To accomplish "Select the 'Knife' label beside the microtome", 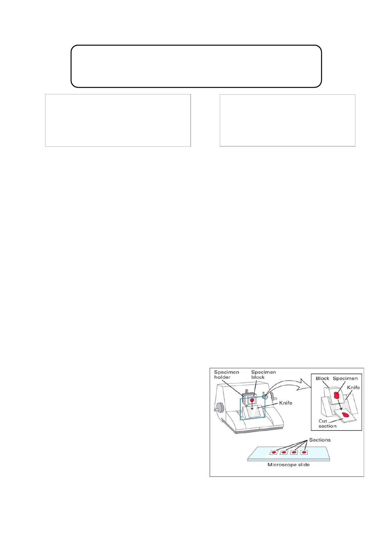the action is tap(285, 403).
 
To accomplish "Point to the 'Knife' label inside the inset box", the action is tap(353, 387).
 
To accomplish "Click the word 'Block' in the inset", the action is tap(322, 379).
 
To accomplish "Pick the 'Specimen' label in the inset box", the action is tap(345, 379).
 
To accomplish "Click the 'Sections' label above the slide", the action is tap(320, 440).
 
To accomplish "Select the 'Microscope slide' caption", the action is tap(289, 465).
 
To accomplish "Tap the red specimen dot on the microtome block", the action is tap(252, 400).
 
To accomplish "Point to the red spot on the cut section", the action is tap(345, 414).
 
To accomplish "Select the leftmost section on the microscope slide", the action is tap(274, 452).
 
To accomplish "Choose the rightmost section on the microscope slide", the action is tap(304, 452).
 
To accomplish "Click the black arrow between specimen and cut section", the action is tap(340, 406).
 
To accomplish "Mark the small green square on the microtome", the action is tap(264, 392).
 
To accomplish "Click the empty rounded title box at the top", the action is tap(196, 45).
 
